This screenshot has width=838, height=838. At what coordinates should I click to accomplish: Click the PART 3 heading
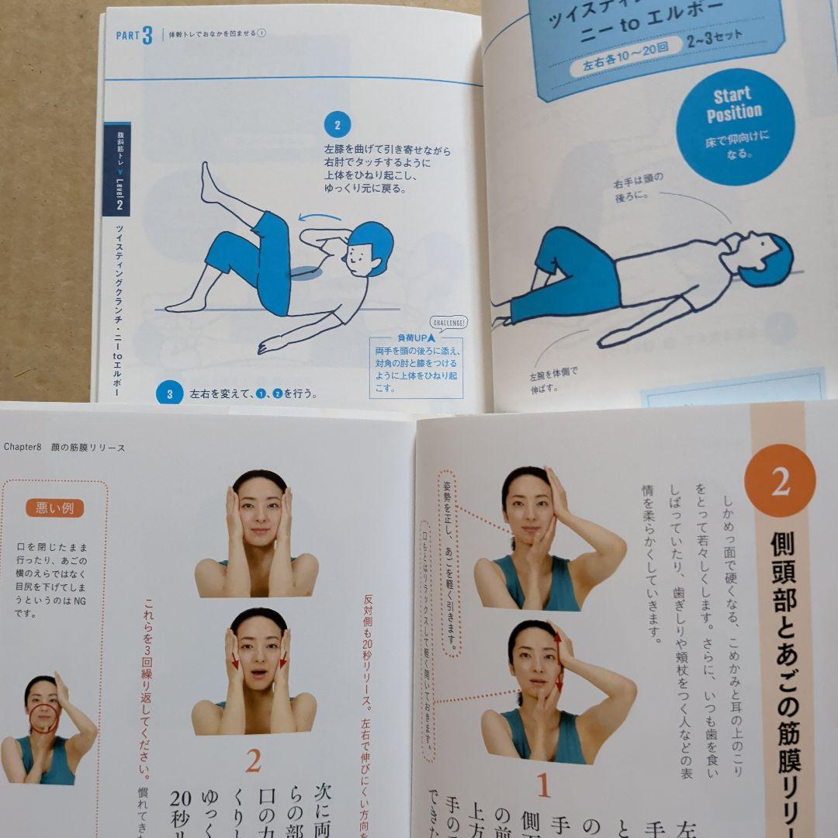[x=133, y=36]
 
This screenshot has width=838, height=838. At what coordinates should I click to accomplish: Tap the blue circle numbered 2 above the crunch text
[x=338, y=124]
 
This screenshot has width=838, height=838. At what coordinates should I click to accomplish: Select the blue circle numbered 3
[x=169, y=393]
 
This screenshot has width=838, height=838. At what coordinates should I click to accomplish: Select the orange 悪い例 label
[x=55, y=508]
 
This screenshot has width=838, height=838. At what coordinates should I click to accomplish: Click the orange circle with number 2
[x=780, y=481]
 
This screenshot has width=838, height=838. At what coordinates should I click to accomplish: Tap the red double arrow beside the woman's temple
[x=558, y=662]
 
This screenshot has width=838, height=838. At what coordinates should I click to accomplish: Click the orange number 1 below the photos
[x=544, y=785]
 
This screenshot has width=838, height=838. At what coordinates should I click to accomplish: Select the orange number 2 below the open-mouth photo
[x=252, y=761]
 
